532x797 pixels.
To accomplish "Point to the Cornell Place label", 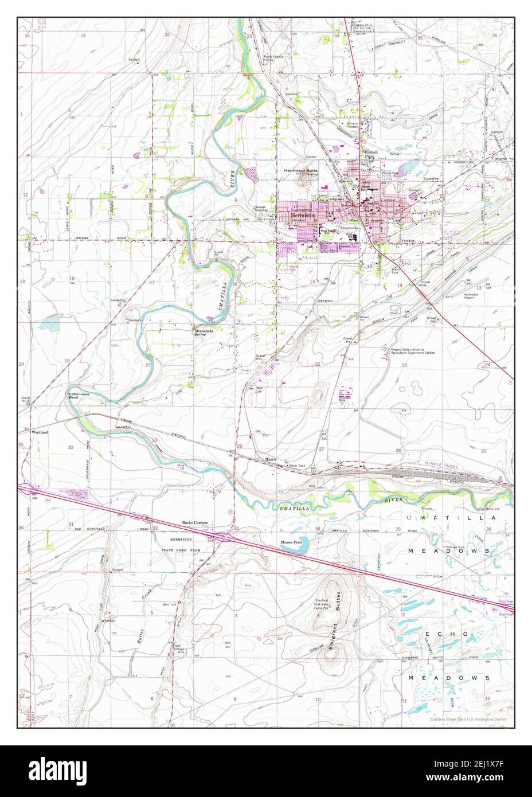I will click(366, 154).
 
